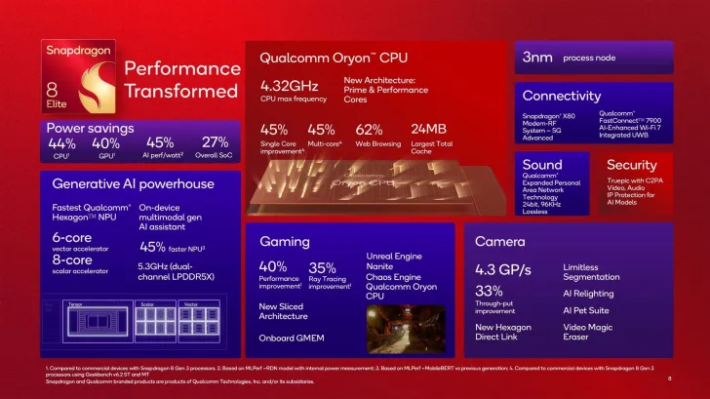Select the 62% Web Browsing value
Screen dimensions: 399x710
(x=369, y=129)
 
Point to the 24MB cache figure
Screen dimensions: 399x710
(x=430, y=129)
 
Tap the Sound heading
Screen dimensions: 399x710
(x=542, y=165)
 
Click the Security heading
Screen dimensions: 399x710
(x=632, y=165)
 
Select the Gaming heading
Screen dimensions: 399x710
(x=285, y=240)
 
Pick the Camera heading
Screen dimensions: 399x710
(x=500, y=240)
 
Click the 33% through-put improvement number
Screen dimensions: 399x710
(x=489, y=291)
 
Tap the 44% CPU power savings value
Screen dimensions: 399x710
(x=61, y=142)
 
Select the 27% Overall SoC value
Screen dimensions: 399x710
(x=215, y=142)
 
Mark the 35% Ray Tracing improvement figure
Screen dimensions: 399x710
(x=322, y=267)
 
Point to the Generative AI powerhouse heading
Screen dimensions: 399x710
(x=133, y=183)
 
